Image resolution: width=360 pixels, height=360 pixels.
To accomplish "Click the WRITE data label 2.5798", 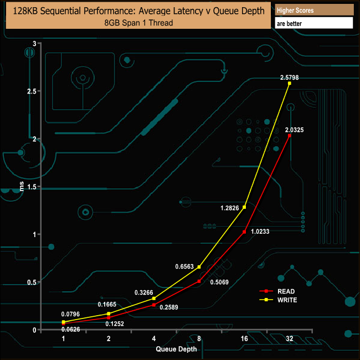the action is point(289,78).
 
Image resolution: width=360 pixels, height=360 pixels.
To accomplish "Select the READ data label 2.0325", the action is point(294,130).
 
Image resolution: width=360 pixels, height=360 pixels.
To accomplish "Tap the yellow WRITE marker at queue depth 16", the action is point(244,207).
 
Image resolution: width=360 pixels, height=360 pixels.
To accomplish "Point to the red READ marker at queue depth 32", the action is point(290,136).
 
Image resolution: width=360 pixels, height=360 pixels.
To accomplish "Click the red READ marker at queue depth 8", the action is point(199,281).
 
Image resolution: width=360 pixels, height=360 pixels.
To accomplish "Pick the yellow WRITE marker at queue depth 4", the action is point(154,299).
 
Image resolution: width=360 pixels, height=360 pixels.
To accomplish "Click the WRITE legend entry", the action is point(278,300).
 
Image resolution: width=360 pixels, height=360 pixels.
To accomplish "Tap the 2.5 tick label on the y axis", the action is point(32,91).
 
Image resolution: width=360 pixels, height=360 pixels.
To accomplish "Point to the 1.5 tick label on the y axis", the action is point(32,187).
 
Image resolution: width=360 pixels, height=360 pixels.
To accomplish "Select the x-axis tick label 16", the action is point(244,338).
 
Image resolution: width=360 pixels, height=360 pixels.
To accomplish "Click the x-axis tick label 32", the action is point(290,338).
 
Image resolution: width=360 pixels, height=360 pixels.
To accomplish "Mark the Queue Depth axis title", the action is point(176,349).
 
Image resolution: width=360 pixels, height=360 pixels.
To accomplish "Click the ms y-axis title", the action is point(22,187).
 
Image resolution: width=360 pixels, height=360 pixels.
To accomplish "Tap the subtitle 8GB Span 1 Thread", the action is point(138,23).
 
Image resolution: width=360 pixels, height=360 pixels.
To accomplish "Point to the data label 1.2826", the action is point(230,208).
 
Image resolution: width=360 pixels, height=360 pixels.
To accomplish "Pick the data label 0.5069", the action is point(219,282).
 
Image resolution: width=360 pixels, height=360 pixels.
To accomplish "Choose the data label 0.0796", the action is point(70,314).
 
